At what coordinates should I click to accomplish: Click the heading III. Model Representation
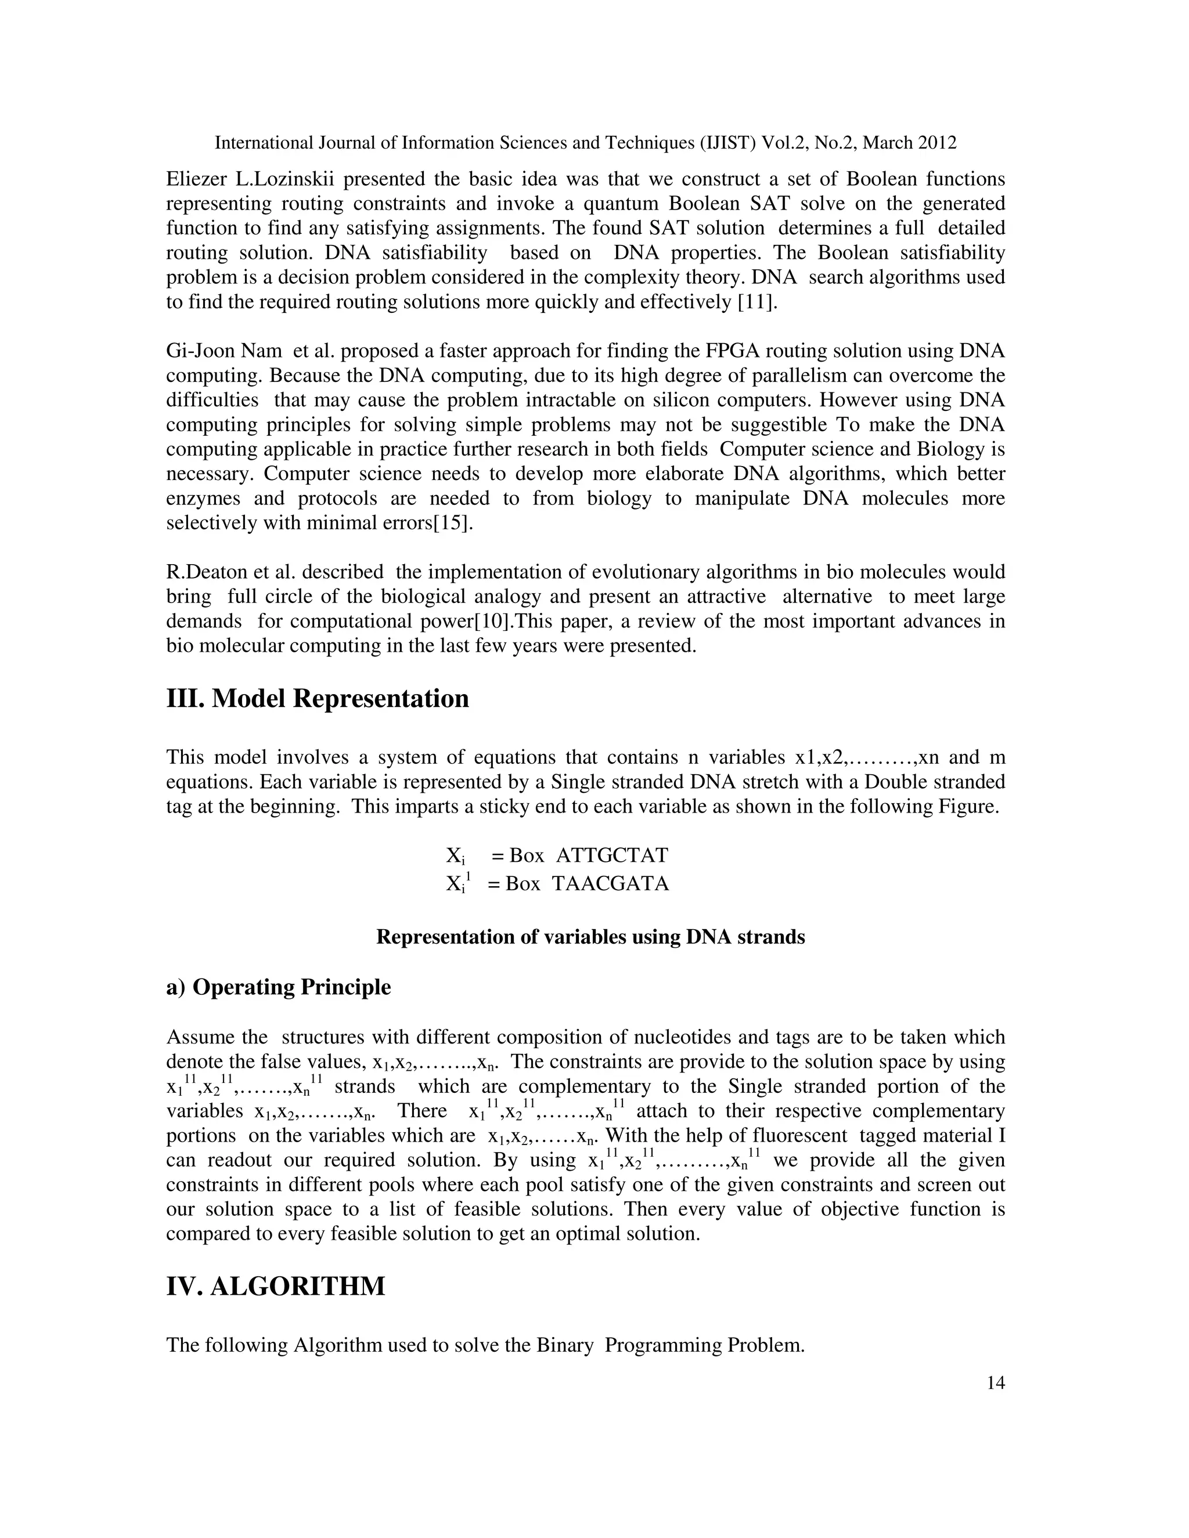(x=317, y=699)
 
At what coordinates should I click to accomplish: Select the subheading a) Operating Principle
(x=278, y=987)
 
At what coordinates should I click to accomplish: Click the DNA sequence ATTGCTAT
(x=611, y=855)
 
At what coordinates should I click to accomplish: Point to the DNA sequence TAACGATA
(x=610, y=883)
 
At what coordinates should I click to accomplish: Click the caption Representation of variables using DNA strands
(x=590, y=937)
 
